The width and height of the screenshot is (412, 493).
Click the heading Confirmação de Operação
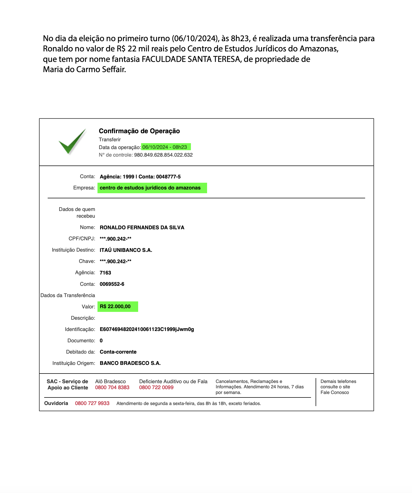pos(139,131)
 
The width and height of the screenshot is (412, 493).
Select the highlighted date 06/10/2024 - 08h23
pos(165,147)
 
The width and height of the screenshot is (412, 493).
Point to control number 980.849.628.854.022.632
pos(163,155)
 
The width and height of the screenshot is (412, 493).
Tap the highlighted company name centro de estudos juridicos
pos(150,188)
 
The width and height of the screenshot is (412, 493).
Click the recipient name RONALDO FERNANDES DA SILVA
pos(142,228)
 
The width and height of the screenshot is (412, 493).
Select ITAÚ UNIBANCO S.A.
pos(126,250)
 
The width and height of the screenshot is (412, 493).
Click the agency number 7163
pos(105,273)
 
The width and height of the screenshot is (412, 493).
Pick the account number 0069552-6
pos(112,284)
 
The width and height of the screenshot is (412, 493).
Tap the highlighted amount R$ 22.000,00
pos(115,307)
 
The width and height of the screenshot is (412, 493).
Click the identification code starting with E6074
pos(147,329)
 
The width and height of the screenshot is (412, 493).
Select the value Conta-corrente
pos(118,352)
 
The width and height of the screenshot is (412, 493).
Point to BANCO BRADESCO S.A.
pos(130,363)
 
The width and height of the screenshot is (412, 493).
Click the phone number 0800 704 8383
pos(112,388)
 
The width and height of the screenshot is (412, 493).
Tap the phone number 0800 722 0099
pos(156,388)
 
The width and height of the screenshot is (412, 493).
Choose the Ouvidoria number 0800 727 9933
pos(92,403)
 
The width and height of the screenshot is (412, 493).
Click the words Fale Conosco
pos(334,393)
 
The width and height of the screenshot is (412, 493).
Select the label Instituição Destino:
pos(73,250)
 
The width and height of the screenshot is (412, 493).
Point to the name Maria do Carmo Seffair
pos(84,70)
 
